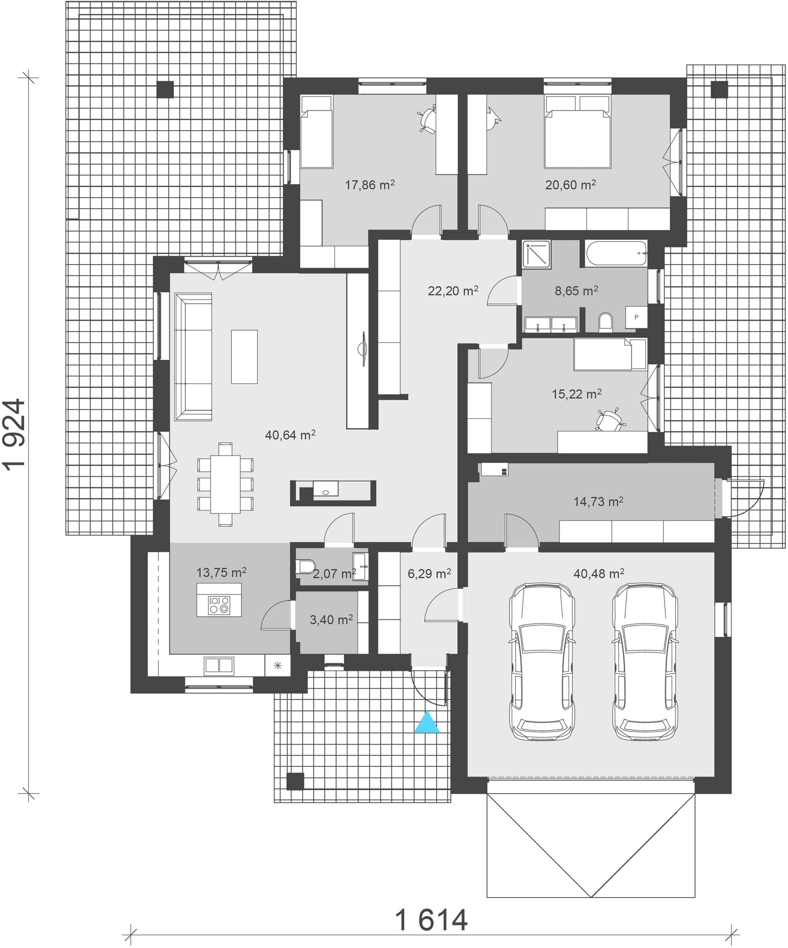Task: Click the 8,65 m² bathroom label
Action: tap(576, 291)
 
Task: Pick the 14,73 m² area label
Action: tap(598, 502)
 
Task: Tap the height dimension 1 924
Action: tap(15, 435)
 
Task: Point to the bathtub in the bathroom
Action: tap(616, 254)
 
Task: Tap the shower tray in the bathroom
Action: tap(536, 255)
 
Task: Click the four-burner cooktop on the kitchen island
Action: tap(219, 605)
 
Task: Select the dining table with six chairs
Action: tap(225, 485)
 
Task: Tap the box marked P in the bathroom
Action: tap(636, 317)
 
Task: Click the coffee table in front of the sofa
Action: tap(244, 356)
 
